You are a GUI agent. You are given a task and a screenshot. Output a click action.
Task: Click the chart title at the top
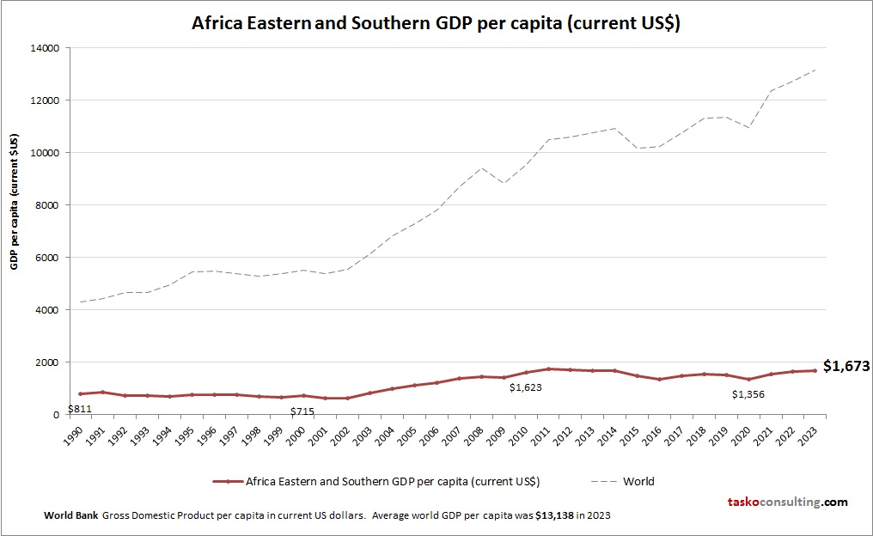[436, 23]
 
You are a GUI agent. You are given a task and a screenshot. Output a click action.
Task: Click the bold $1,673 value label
[846, 366]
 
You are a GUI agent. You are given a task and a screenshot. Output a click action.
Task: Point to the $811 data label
[79, 409]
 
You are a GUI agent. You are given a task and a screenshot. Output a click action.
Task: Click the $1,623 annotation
[525, 388]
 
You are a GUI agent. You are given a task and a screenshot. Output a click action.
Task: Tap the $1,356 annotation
[748, 394]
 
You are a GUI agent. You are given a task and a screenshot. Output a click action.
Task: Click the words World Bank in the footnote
[70, 515]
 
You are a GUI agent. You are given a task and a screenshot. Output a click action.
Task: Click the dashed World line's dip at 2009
[504, 183]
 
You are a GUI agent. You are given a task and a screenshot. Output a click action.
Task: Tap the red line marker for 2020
[749, 379]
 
